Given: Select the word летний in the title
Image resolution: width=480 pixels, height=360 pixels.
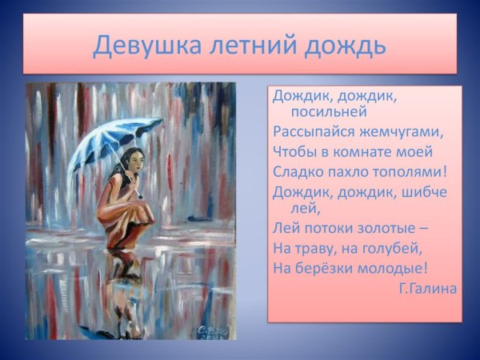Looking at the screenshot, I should (248, 45).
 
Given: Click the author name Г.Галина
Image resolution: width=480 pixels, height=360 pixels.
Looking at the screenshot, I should (427, 288).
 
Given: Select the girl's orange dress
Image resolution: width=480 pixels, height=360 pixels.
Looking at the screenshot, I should (120, 208).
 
